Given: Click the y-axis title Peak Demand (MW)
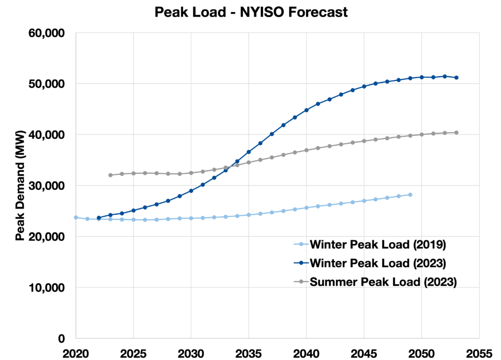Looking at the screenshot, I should point(20,185).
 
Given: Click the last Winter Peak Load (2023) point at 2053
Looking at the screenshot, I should point(456,78).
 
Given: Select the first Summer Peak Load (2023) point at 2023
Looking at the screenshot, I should point(110,175).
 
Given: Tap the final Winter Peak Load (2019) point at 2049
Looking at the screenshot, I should point(410,195).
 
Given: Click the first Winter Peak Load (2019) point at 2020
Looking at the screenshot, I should point(76,217).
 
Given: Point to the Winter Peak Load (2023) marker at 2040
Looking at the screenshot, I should point(307,110).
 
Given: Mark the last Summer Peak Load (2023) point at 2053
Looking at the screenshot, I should point(456,133).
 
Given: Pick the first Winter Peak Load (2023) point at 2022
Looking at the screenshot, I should point(99,218).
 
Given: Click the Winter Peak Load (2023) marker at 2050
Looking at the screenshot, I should point(422,77).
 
